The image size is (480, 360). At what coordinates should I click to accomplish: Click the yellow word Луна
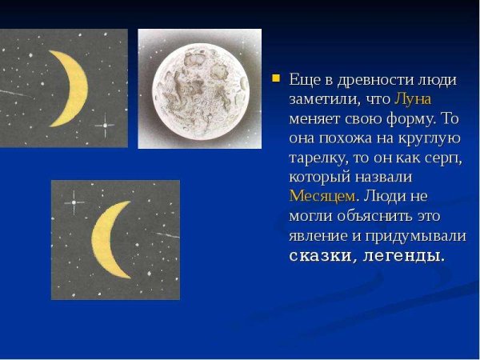[413, 98]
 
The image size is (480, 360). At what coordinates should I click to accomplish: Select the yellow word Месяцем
[321, 196]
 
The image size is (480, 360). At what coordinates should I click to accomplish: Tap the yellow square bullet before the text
[276, 79]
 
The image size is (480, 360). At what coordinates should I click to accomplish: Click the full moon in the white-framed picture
[200, 89]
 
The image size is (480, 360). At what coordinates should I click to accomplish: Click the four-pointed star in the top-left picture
[104, 125]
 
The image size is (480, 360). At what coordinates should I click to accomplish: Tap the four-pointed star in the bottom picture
[73, 202]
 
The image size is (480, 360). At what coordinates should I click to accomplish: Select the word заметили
[322, 98]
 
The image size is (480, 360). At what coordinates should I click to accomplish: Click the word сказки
[320, 256]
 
